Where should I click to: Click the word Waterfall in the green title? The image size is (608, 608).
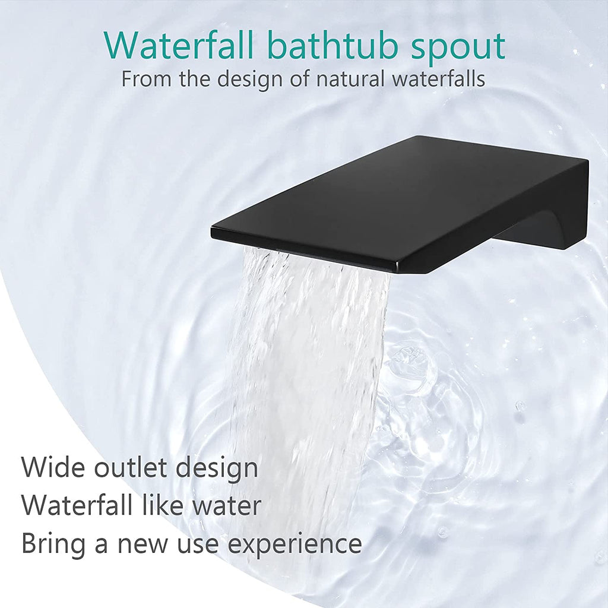pyautogui.click(x=178, y=46)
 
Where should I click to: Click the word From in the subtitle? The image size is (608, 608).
pyautogui.click(x=146, y=79)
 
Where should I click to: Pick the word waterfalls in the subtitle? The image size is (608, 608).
pyautogui.click(x=438, y=79)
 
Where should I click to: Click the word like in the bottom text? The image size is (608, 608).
pyautogui.click(x=163, y=505)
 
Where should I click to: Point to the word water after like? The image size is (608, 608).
pyautogui.click(x=227, y=507)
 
